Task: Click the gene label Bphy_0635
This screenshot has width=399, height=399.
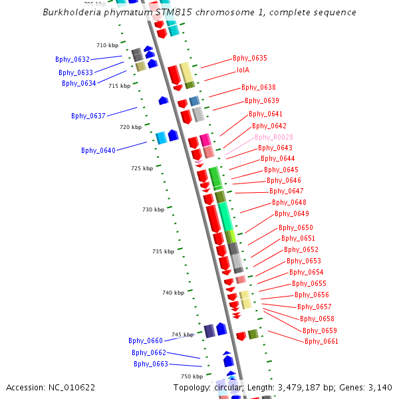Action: [250, 59]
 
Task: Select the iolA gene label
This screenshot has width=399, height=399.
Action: [243, 70]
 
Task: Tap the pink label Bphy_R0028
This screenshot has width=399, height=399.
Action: [273, 137]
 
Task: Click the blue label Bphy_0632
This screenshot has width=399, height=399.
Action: [72, 60]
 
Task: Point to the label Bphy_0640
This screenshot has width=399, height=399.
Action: [98, 150]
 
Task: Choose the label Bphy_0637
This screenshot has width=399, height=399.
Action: [88, 116]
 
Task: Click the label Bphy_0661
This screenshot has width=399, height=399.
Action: [321, 342]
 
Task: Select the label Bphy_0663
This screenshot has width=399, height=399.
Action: [151, 364]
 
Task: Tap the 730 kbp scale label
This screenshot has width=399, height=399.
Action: [153, 209]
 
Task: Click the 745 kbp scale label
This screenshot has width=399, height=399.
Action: [182, 334]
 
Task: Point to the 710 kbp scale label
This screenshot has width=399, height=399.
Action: [107, 46]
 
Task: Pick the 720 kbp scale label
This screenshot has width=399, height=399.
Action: [131, 127]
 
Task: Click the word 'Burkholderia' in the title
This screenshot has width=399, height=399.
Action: [73, 13]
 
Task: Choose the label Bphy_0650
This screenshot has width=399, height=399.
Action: [295, 227]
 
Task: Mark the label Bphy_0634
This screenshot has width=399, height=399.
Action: [79, 83]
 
